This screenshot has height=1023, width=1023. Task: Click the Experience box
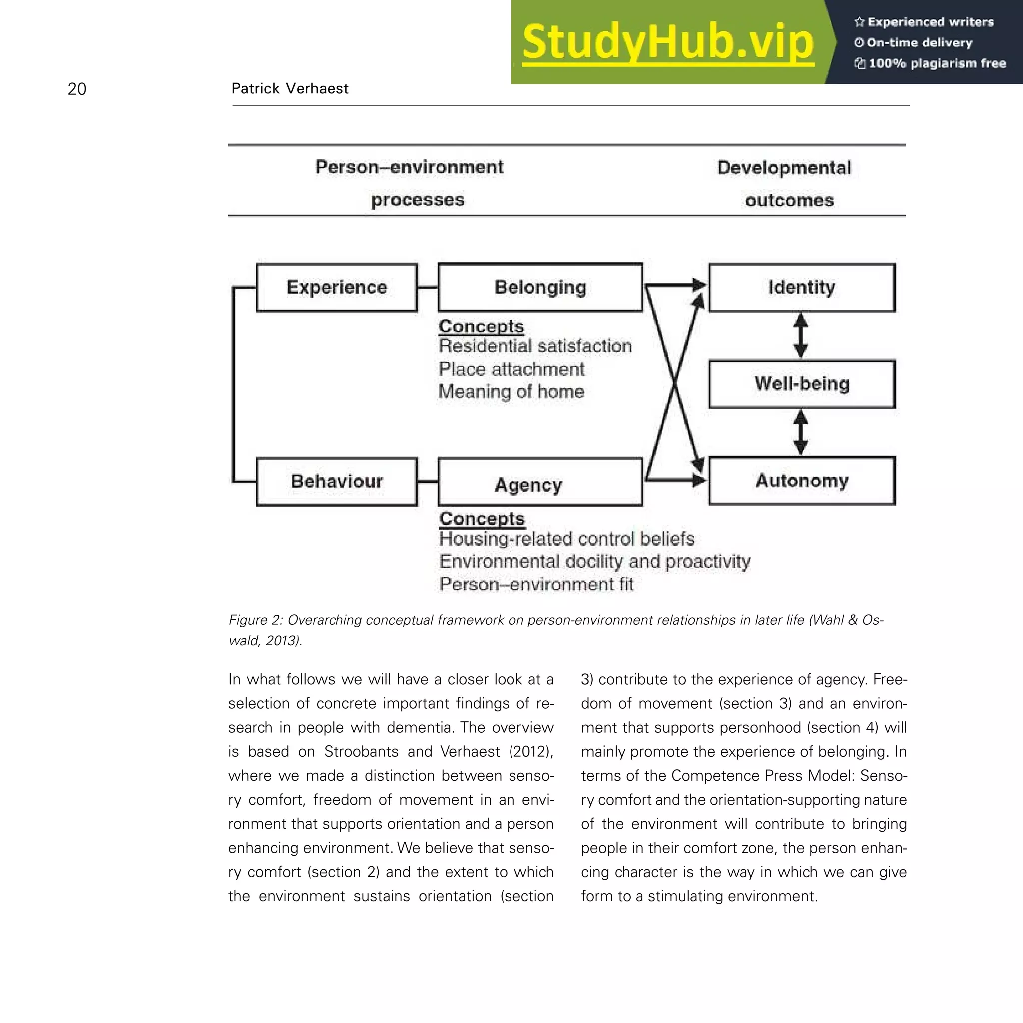pos(337,288)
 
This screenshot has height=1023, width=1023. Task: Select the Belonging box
pos(540,288)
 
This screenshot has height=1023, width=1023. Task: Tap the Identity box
pos(802,288)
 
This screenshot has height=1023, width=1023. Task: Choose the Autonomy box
pos(802,480)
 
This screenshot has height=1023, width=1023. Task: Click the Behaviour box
pos(337,482)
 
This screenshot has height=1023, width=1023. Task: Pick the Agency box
pos(540,483)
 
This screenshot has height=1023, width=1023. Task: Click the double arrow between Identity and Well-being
pos(801,336)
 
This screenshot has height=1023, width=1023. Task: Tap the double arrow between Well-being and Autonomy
pos(801,432)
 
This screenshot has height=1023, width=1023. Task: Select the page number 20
pos(77,89)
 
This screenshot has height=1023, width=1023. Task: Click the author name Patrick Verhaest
pos(290,88)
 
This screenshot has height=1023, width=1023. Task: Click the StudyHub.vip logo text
pos(668,42)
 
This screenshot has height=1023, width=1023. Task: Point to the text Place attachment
pos(511,369)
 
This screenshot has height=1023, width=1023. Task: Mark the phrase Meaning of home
pos(511,392)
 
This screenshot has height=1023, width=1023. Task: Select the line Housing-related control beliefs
pos(566,539)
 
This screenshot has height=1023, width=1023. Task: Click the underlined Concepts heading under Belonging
pos(482,326)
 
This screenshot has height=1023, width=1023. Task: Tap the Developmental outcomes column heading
pos(785,184)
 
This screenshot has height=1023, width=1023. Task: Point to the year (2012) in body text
pos(530,751)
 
